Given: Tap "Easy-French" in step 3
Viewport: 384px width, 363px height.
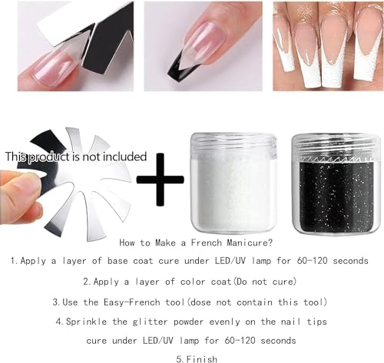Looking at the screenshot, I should click(x=154, y=300).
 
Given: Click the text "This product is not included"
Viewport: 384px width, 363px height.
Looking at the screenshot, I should click(x=75, y=156).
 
